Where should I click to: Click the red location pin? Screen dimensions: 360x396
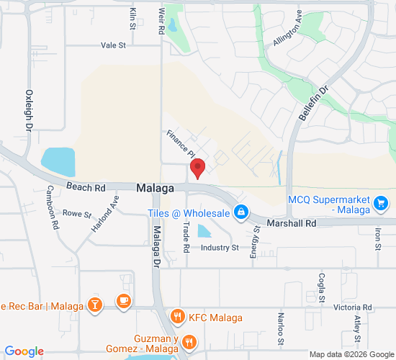[x=197, y=168]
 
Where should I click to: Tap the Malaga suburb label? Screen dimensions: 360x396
[x=155, y=188]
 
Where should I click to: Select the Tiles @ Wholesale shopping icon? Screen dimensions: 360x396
[x=242, y=213]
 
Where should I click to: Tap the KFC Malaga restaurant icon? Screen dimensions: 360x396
[x=176, y=318]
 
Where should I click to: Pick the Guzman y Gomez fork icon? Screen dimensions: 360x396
[x=189, y=342]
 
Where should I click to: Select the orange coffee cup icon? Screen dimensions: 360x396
[x=124, y=300]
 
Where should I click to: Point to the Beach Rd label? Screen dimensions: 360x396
[x=86, y=187]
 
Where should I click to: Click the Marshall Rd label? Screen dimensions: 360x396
[x=292, y=224]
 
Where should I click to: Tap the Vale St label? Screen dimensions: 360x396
[x=113, y=45]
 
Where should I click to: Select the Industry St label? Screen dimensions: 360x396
[x=219, y=248]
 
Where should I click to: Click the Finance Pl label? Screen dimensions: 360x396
[x=181, y=143]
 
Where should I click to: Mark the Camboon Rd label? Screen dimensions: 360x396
[x=53, y=208]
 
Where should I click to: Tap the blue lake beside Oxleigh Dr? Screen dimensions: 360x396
[x=58, y=163]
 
